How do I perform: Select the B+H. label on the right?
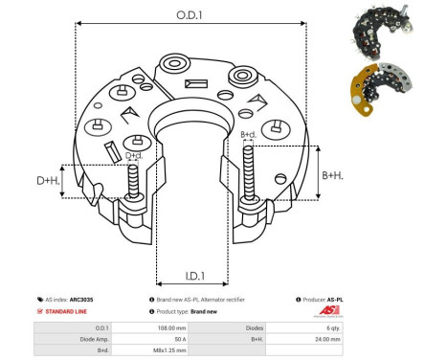coord(333,175)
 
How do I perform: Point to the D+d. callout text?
coord(134,155)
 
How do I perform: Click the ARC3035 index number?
coord(94,299)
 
